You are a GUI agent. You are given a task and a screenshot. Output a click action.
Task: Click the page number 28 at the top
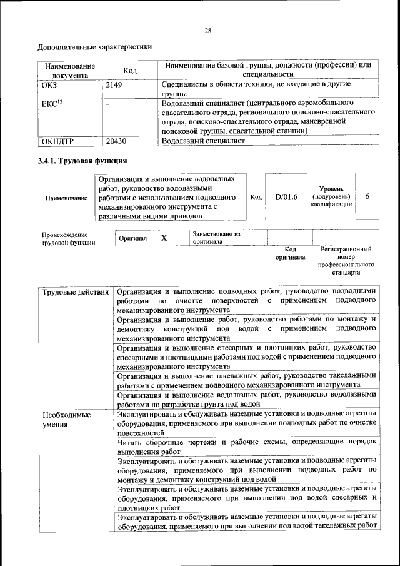(x=207, y=30)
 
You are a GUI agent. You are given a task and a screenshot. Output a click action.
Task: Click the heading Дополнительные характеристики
(x=94, y=47)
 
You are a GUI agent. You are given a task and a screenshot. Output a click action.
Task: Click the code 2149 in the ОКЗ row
(x=114, y=84)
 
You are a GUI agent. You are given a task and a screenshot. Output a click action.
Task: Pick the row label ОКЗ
(x=49, y=84)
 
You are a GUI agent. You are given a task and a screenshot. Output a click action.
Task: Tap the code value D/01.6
(x=286, y=196)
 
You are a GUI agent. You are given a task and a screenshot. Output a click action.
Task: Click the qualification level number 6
(x=367, y=196)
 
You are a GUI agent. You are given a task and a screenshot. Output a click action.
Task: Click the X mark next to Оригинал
(x=164, y=238)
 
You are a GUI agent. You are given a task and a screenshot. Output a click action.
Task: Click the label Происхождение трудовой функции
(x=68, y=238)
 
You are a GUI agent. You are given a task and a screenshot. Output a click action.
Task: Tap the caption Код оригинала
(x=289, y=253)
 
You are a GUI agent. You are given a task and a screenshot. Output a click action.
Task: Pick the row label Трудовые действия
(x=76, y=292)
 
